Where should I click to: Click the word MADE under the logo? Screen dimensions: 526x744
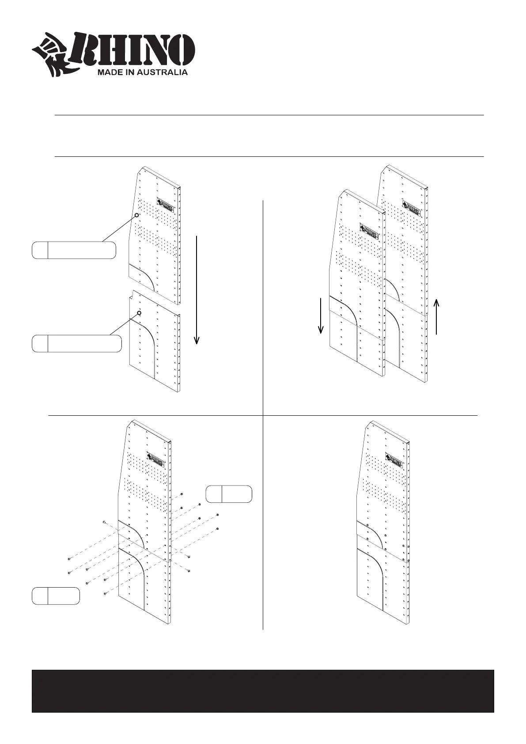point(107,72)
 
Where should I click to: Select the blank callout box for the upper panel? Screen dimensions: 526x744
point(74,250)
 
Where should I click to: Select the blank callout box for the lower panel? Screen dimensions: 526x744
point(76,343)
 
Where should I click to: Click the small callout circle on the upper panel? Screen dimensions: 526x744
point(137,215)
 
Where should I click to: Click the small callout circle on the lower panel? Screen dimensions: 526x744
point(139,313)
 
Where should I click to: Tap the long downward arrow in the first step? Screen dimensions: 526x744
point(197,289)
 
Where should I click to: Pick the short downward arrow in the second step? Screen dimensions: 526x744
point(321,315)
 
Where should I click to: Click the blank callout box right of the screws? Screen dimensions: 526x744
point(229,494)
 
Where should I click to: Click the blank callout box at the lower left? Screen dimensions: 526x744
point(56,596)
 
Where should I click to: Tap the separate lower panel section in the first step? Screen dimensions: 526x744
point(155,345)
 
